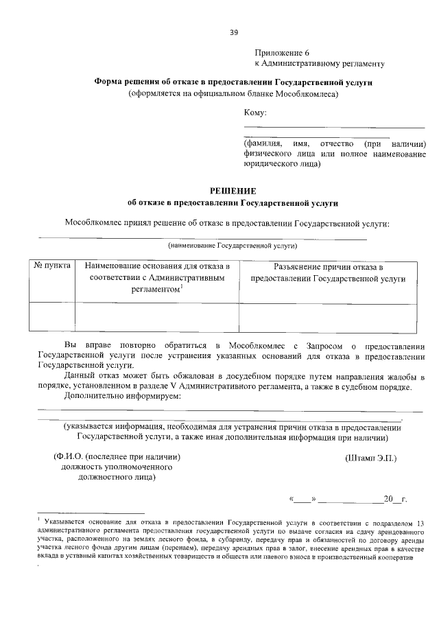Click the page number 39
233,32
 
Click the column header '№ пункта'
51,266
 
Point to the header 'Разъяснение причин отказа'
328,267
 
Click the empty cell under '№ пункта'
51,316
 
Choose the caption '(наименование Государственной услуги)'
233,244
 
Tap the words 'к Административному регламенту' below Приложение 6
319,64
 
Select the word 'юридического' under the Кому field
269,165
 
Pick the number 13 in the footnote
420,523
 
